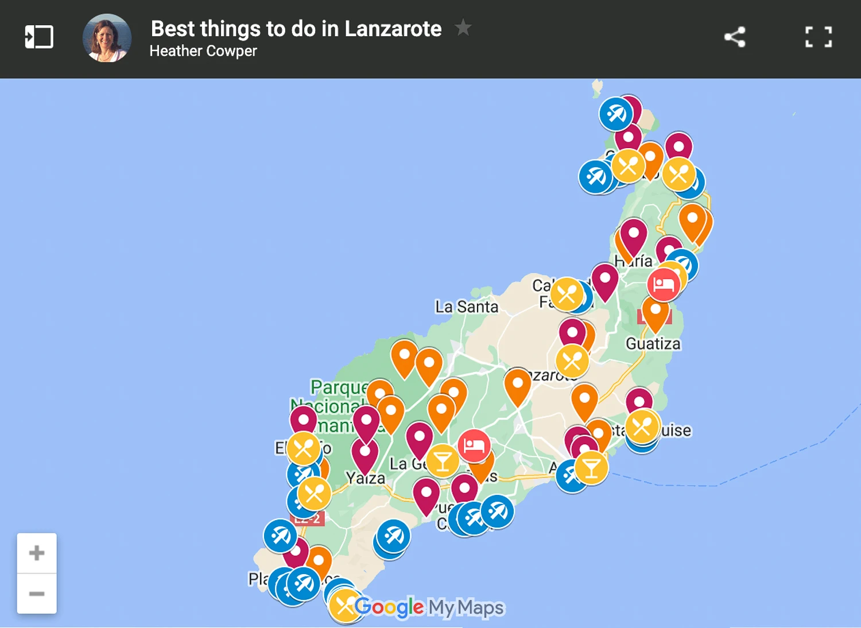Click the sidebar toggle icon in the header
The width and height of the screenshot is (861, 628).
coord(39,37)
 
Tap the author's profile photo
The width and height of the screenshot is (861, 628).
coord(107,38)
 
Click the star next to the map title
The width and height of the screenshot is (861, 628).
coord(463,27)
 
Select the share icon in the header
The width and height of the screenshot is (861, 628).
coord(735,37)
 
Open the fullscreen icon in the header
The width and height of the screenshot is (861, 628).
coord(819,37)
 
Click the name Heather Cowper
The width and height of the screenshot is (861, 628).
coord(203,51)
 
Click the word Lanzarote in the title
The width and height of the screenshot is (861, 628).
coord(393,29)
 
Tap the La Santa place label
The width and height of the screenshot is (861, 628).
coord(466,307)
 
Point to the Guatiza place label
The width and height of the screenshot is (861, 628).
coord(653,344)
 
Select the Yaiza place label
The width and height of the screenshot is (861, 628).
coord(366,478)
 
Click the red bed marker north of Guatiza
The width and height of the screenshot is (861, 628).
coord(664,284)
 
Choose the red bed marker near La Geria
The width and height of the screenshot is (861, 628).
coord(474,445)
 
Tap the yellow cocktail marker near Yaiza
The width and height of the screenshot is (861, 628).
coord(443,461)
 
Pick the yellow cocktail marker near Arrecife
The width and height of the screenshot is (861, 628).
coord(591,468)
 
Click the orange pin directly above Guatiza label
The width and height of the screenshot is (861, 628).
coord(655,312)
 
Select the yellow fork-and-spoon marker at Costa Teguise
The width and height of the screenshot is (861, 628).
coord(642,427)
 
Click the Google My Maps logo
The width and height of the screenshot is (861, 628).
coord(429,607)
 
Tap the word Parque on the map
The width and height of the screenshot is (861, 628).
coord(338,387)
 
